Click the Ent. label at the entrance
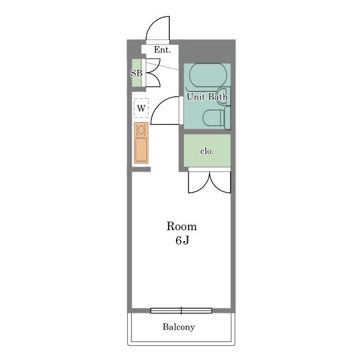163,50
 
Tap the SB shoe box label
136,73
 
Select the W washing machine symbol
141,108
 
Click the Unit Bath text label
207,97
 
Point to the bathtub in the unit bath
208,75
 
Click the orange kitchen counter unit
141,143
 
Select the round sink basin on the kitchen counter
141,130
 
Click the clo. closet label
207,151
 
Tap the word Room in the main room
182,226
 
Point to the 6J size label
182,240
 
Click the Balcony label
179,327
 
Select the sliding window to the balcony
181,310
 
